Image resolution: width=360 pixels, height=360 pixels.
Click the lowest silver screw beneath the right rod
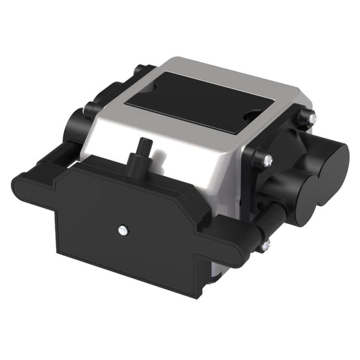[265, 245]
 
